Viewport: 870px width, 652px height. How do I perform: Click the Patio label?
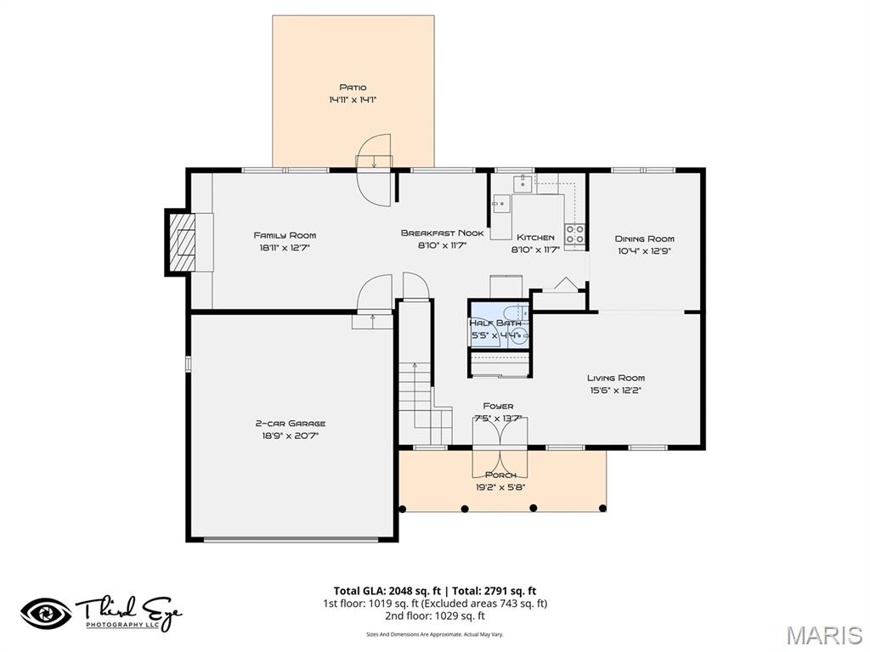[x=353, y=87]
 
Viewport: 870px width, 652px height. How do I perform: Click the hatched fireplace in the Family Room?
[x=181, y=242]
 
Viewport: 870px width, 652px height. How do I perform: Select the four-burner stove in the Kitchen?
[x=575, y=234]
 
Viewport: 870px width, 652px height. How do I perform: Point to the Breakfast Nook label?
[x=442, y=233]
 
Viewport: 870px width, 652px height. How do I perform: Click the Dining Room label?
[x=645, y=239]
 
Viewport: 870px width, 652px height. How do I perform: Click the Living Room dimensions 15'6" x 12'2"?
[x=615, y=391]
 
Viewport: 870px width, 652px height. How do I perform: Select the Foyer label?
[x=498, y=406]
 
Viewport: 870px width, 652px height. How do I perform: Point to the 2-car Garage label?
[x=291, y=423]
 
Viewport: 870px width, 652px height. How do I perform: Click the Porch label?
[x=500, y=475]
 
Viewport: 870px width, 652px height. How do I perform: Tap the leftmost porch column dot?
[x=403, y=509]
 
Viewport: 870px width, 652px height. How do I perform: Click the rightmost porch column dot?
[x=602, y=509]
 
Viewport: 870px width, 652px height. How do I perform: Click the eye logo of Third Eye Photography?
[x=46, y=613]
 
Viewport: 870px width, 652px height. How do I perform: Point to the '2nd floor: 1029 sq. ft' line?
[x=434, y=615]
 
